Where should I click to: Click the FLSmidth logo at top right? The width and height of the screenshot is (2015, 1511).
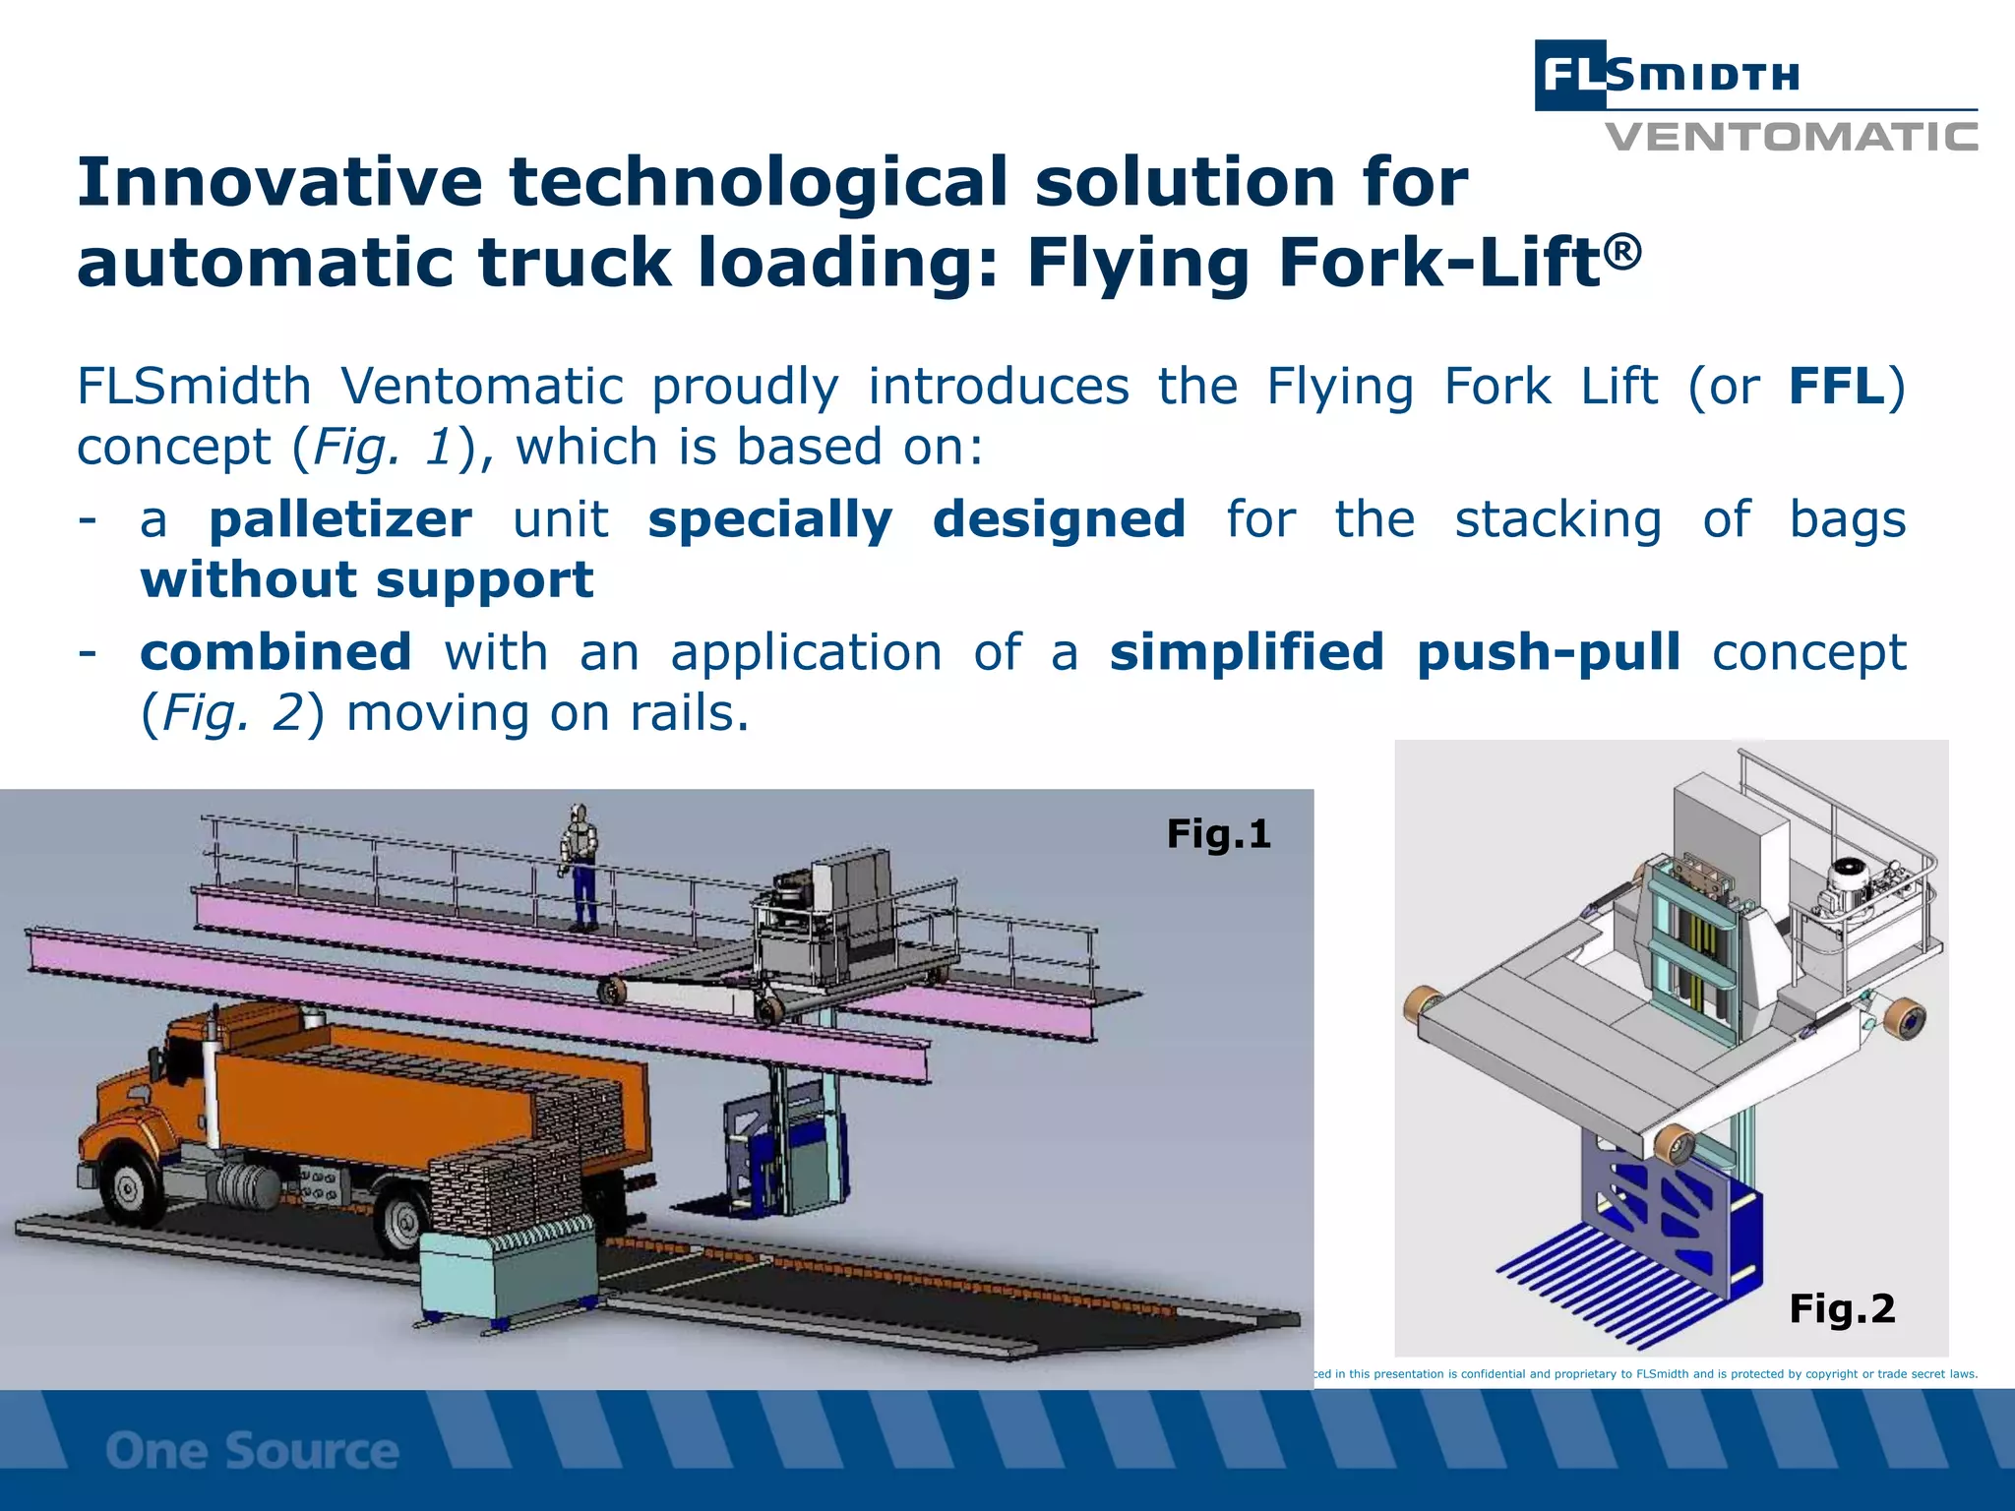pos(1667,75)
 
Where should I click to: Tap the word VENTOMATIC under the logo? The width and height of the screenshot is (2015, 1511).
pos(1791,137)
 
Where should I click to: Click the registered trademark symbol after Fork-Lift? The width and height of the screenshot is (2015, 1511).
pos(1624,250)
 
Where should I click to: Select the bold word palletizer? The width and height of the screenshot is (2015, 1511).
pos(340,519)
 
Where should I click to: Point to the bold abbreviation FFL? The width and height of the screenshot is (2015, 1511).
pos(1836,386)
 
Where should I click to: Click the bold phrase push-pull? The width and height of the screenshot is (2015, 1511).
pos(1549,652)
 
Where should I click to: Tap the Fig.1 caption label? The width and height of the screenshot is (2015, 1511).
pos(1218,834)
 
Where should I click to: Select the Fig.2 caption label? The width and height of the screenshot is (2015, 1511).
pos(1841,1308)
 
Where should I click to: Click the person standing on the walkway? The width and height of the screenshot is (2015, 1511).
pos(580,867)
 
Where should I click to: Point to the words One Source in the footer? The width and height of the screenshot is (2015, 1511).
pos(252,1451)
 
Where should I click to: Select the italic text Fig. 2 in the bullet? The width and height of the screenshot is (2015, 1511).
pos(232,713)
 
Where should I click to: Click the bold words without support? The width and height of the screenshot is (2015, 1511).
pos(367,579)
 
